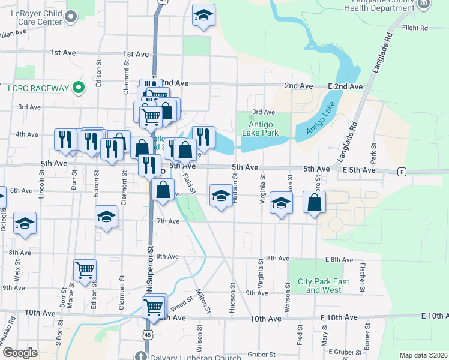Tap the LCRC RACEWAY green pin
[78, 88]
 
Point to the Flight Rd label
[415, 28]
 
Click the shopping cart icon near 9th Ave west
[85, 271]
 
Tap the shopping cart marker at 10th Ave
[154, 307]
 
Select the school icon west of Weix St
[25, 223]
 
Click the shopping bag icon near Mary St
[315, 203]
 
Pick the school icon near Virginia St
[280, 203]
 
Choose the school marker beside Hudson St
[221, 196]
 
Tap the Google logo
[20, 352]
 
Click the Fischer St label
[363, 273]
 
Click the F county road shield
[401, 172]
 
